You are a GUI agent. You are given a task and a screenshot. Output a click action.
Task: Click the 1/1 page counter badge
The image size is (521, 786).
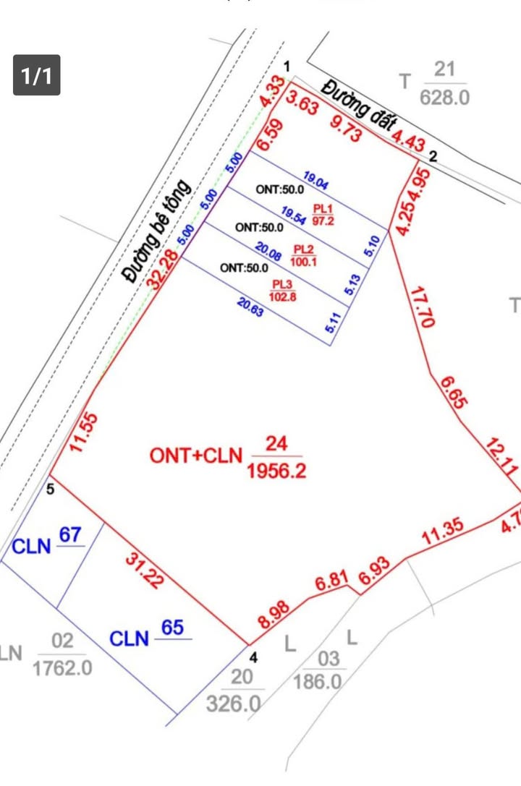coord(36,75)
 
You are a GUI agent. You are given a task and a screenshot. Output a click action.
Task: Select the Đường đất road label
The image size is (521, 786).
coord(356,106)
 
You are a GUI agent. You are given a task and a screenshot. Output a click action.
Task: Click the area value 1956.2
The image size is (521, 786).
coord(276,471)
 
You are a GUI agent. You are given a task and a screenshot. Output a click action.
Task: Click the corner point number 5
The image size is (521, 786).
coord(51,490)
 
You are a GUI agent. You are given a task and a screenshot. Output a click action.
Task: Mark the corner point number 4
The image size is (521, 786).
coord(253,657)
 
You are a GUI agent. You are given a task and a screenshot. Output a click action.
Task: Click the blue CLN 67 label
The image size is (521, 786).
coord(46,542)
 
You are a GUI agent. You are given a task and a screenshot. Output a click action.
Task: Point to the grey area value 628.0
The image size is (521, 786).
coord(444,96)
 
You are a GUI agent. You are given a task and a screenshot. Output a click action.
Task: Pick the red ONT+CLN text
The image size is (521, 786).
coord(195,456)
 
